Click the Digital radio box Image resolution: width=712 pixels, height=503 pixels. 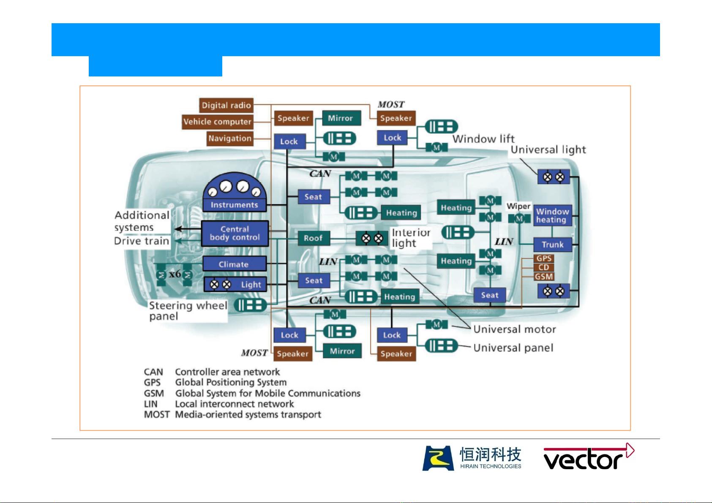pos(226,105)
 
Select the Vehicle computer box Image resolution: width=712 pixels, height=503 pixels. pos(218,122)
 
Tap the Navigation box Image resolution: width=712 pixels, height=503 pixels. pos(230,138)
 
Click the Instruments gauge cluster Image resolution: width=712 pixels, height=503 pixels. pos(235,193)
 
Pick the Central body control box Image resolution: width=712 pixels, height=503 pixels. pos(235,233)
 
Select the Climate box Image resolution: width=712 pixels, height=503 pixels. pos(234,264)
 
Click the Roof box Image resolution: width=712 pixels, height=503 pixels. pos(313,238)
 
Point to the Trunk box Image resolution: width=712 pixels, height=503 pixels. pos(552,245)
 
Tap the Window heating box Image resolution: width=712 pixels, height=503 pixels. pos(552,215)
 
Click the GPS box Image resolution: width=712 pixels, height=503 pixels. pos(544,258)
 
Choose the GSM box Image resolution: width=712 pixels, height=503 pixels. pos(544,277)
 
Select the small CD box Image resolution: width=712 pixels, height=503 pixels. pos(544,267)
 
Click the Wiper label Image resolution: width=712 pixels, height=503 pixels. pos(518,206)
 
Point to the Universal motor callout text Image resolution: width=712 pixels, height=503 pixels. pos(514,329)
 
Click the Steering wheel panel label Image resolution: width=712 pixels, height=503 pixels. pos(188,311)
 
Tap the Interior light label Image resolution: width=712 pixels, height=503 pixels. pos(411,238)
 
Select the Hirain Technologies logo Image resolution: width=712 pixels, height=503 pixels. pos(472,458)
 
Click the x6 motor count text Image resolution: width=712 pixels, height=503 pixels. pos(175,274)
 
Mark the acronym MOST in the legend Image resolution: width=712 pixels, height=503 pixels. pos(156,415)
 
